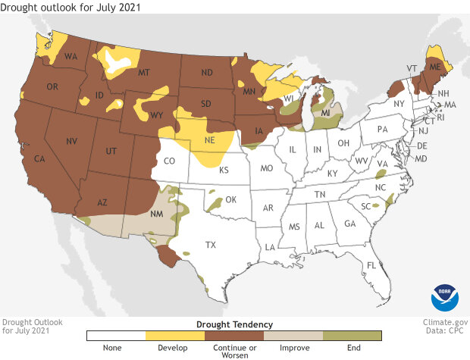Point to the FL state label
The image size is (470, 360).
coord(371,265)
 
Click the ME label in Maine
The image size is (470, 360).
coord(436,67)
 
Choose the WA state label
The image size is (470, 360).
coord(71,57)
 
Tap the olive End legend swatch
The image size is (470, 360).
coord(352,335)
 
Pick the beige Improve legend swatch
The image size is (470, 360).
coord(293,335)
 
